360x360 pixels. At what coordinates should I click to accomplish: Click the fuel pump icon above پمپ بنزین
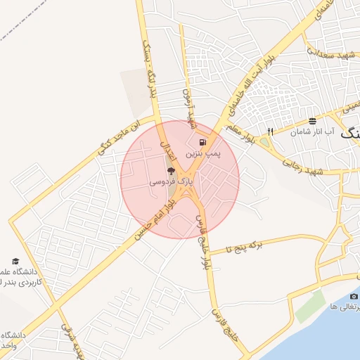pos(203,141)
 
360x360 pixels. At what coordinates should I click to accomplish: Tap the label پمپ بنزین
pos(203,152)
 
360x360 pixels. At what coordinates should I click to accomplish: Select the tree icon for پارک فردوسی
pos(170,171)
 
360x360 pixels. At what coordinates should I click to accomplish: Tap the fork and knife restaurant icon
pos(271,131)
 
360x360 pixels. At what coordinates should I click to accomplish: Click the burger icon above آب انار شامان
pos(312,121)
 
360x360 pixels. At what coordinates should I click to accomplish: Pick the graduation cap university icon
pos(15,262)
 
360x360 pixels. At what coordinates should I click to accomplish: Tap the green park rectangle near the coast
pos(310,307)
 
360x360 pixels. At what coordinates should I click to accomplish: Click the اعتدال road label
pos(169,148)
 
